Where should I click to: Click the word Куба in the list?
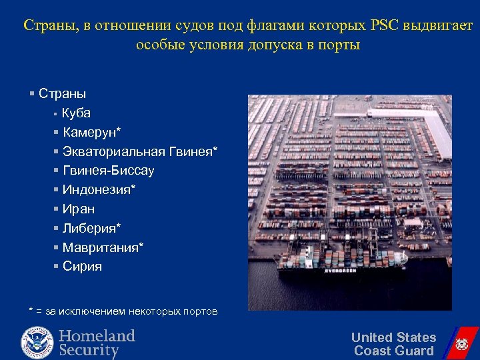pos(76,113)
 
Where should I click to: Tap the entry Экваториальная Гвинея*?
pos(139,151)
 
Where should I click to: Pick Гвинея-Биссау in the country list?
pos(108,171)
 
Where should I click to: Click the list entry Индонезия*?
pos(99,190)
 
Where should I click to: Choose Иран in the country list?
pos(79,209)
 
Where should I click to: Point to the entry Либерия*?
pos(91,228)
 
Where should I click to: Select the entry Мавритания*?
pos(103,247)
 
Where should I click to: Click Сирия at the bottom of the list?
pos(82,267)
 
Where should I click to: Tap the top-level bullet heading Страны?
pos(62,93)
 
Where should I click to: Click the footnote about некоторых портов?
pos(123,311)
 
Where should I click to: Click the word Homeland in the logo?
pos(97,335)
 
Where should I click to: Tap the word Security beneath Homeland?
pos(89,350)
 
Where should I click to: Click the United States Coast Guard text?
pos(393,344)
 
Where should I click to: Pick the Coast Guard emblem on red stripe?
pos(461,344)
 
